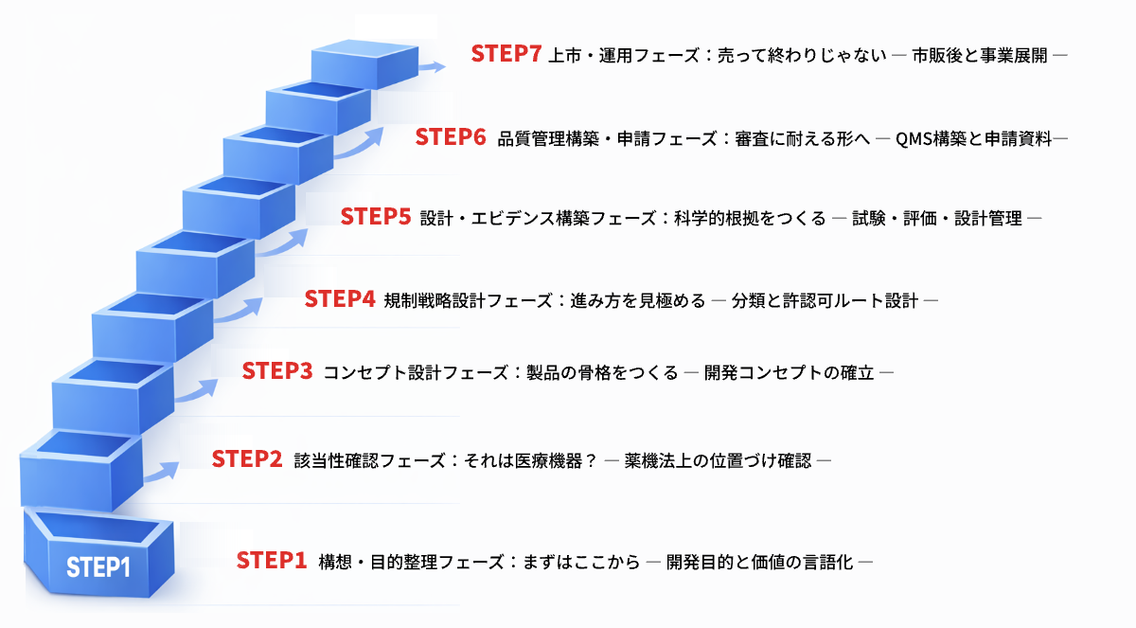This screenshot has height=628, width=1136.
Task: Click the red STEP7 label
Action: (x=506, y=54)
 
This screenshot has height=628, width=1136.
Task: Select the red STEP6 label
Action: (x=451, y=138)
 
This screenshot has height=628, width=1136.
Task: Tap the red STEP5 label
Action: (x=376, y=217)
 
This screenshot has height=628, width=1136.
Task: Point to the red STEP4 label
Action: (x=340, y=299)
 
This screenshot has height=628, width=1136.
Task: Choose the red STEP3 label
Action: (x=277, y=371)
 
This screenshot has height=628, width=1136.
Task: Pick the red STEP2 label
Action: (x=247, y=459)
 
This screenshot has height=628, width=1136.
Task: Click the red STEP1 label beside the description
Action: (x=272, y=561)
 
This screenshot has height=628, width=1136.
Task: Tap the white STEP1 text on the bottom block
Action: (x=98, y=567)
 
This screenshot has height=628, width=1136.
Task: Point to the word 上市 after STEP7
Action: (x=563, y=55)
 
